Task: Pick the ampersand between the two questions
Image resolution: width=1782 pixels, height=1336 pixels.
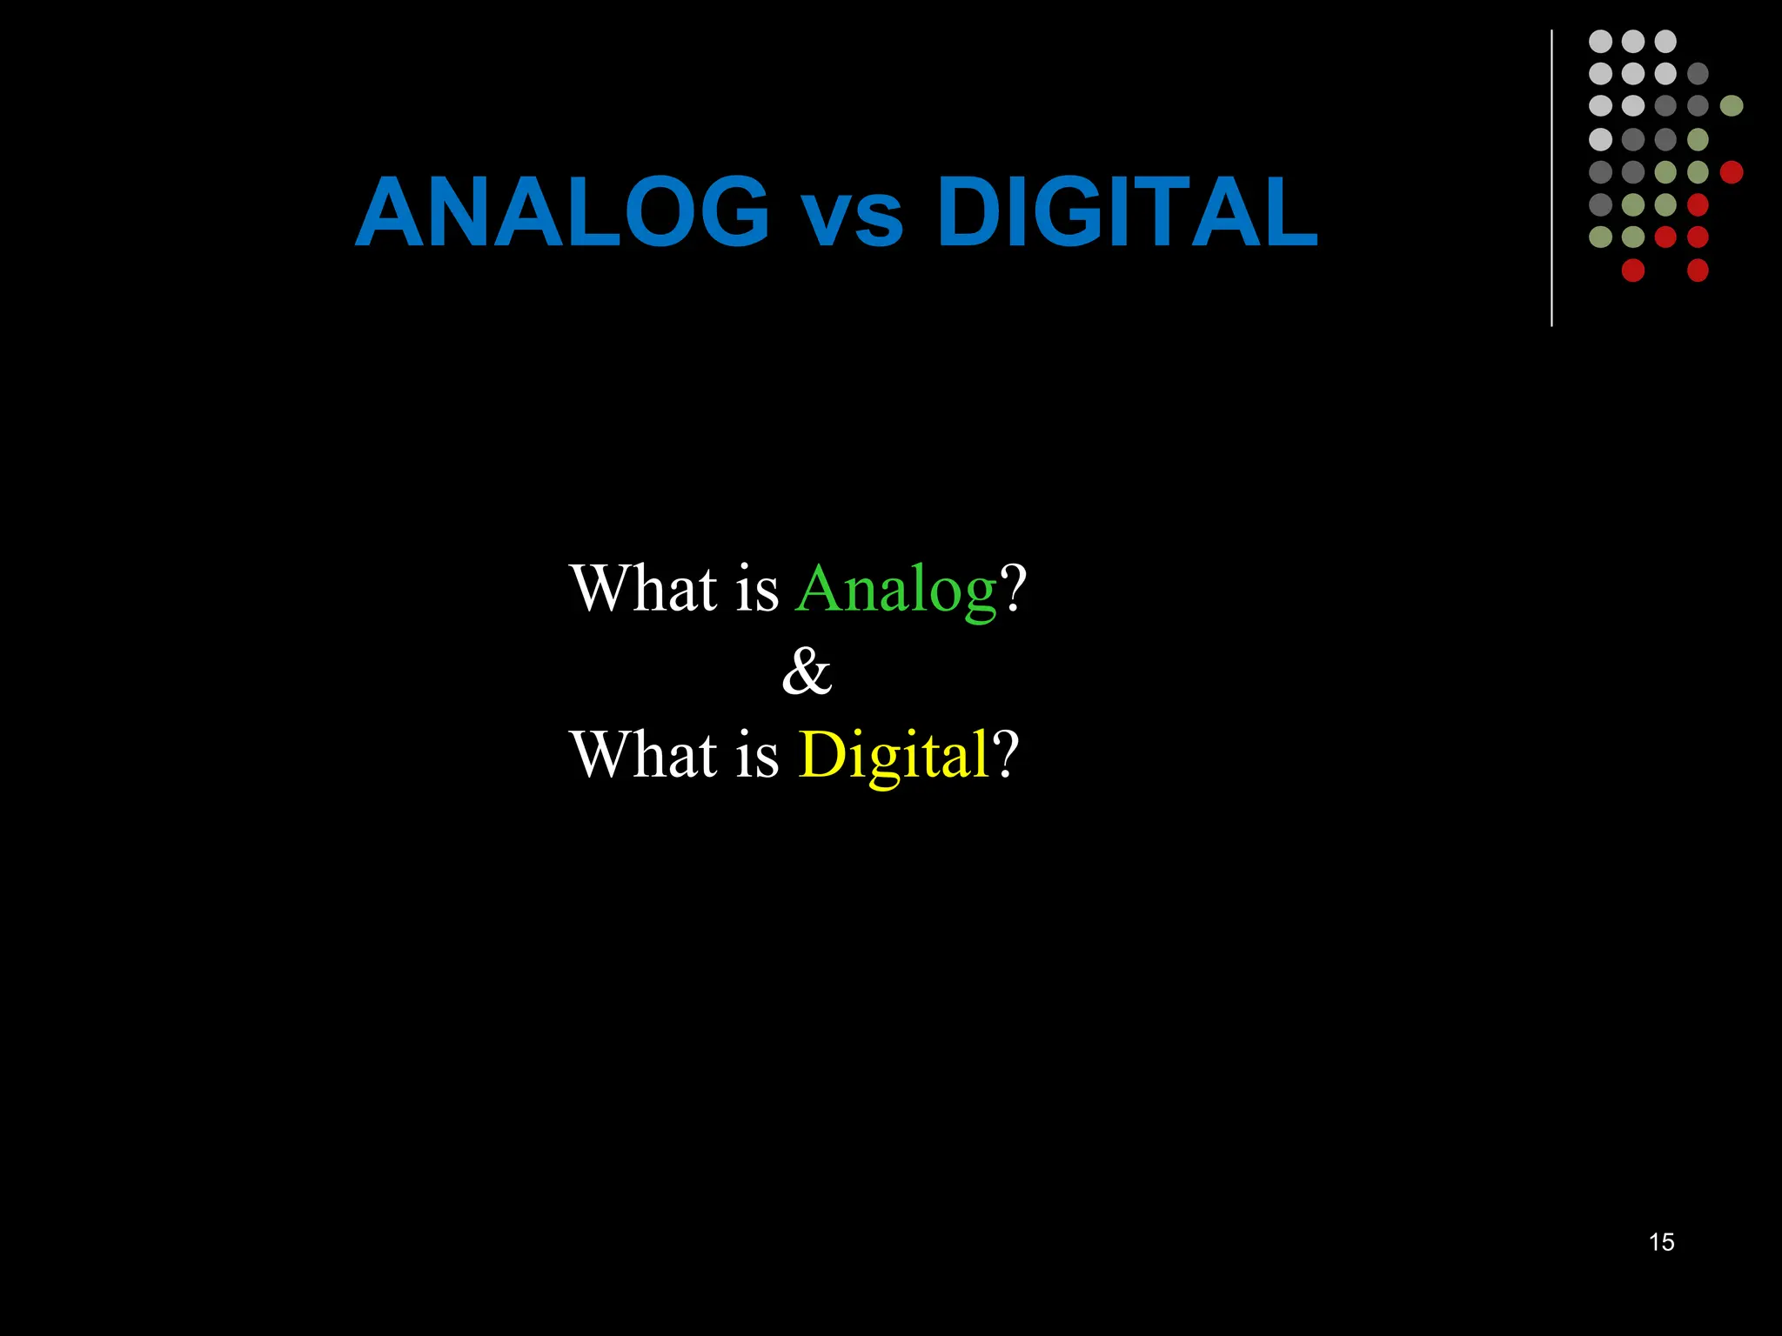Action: coord(807,672)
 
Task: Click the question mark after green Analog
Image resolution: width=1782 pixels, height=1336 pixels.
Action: coord(1014,589)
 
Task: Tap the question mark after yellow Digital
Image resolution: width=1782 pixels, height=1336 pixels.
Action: coord(1005,754)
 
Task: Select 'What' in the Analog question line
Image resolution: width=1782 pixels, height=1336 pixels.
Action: coord(644,589)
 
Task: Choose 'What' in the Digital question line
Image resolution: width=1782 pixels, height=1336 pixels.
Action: coord(644,754)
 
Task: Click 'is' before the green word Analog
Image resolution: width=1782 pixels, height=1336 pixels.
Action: coord(757,589)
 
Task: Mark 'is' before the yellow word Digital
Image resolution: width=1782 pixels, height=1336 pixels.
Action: coord(757,754)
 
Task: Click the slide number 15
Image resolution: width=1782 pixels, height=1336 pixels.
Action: coord(1661,1242)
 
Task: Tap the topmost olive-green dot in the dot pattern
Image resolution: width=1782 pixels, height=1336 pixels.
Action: coord(1732,106)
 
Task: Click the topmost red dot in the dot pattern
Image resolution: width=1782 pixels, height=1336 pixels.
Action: coord(1732,172)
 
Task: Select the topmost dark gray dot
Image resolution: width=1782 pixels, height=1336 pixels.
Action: coord(1698,74)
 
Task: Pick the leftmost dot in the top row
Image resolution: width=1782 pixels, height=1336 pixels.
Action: coord(1600,41)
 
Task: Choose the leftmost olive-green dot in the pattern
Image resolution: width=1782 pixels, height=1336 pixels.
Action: coord(1600,237)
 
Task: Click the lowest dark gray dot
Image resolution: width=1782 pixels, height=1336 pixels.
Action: coord(1600,204)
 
